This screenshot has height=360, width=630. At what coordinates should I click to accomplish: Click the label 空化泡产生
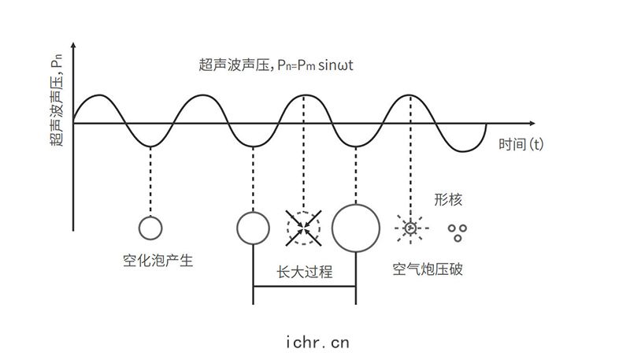[158, 261]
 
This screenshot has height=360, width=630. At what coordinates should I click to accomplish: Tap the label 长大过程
[305, 272]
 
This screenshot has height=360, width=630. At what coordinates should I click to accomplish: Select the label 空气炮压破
[428, 269]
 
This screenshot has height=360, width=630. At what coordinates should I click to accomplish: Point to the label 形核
[448, 199]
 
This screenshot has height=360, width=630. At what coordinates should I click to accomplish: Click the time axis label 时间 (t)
[521, 144]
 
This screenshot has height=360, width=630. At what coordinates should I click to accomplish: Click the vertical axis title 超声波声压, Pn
[57, 101]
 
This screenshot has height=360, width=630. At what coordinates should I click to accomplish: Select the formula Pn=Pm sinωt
[316, 65]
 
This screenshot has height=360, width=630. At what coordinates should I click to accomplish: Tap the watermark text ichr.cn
[317, 343]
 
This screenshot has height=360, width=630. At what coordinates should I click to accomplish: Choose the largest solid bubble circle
[356, 205]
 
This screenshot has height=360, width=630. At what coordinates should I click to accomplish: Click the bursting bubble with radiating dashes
[410, 228]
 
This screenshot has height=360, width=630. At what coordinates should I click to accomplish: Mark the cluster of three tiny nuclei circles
[458, 232]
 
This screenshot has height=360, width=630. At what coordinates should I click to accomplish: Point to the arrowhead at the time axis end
[532, 124]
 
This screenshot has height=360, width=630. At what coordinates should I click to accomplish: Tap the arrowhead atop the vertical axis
[73, 45]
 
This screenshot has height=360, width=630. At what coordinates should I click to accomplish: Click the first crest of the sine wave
[100, 95]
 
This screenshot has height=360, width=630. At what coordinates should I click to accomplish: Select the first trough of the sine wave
[150, 147]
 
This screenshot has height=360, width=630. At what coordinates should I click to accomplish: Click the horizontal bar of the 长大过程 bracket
[305, 287]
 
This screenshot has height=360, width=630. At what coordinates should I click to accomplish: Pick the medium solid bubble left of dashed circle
[253, 213]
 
